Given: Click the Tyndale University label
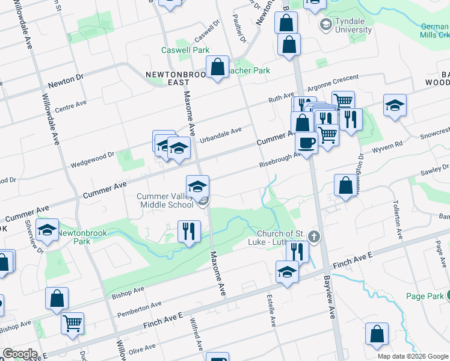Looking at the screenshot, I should point(353,25).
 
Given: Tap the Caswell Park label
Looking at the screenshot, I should point(182,51).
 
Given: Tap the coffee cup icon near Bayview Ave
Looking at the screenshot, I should point(307,143).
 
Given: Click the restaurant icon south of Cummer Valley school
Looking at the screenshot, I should point(189,230).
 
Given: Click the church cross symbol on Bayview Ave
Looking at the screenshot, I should point(313,236).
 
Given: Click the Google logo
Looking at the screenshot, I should point(20,354).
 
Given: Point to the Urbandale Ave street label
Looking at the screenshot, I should point(221,133).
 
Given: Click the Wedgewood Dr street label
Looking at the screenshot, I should point(92,158).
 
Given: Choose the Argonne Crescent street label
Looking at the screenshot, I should point(333,83).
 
